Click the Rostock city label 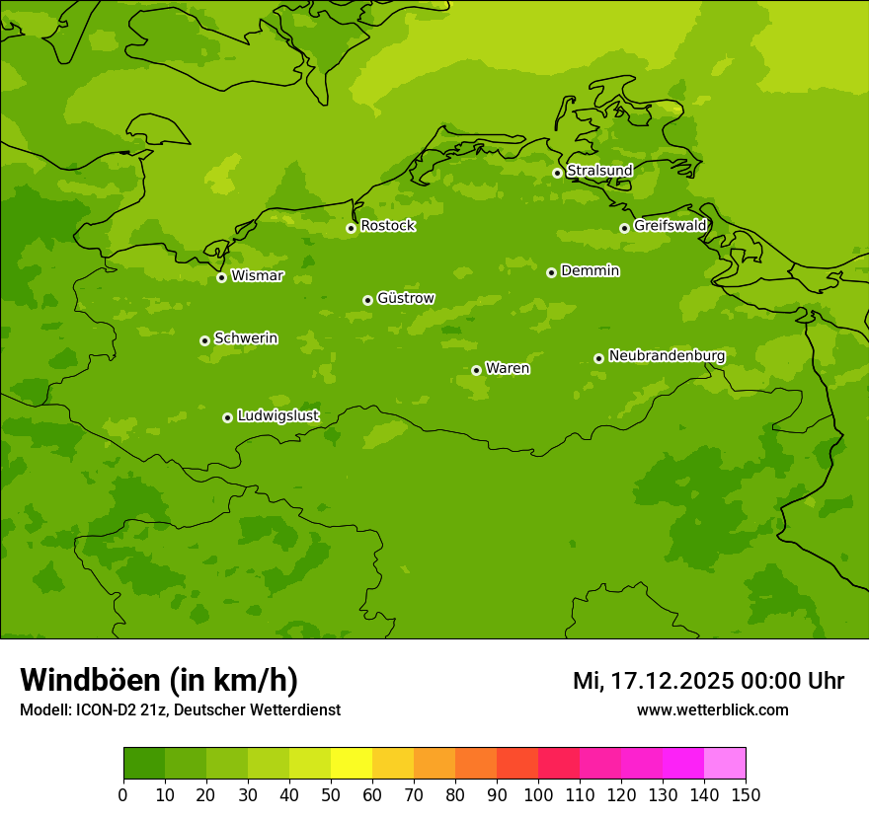pyautogui.click(x=387, y=226)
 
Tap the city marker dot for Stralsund pyautogui.click(x=557, y=173)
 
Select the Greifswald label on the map pyautogui.click(x=670, y=226)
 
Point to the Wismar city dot pyautogui.click(x=221, y=277)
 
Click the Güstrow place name pyautogui.click(x=405, y=298)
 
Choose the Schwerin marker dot pyautogui.click(x=204, y=340)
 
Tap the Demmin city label pyautogui.click(x=590, y=270)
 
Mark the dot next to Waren pyautogui.click(x=476, y=370)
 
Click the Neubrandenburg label pyautogui.click(x=667, y=355)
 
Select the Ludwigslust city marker pyautogui.click(x=227, y=417)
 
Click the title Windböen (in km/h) pyautogui.click(x=159, y=680)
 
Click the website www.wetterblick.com pyautogui.click(x=712, y=710)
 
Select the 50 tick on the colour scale pyautogui.click(x=331, y=794)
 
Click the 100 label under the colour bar pyautogui.click(x=538, y=794)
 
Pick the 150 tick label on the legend pyautogui.click(x=746, y=794)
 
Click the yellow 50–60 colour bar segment pyautogui.click(x=352, y=764)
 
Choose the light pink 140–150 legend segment pyautogui.click(x=725, y=764)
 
